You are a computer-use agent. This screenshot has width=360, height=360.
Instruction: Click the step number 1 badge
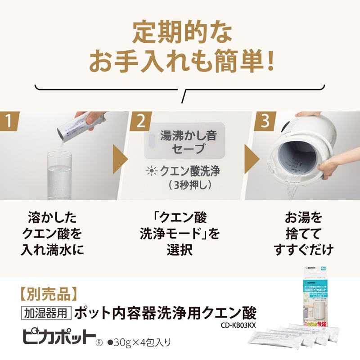coord(13,121)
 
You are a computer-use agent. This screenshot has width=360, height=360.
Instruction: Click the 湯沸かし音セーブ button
coord(182,142)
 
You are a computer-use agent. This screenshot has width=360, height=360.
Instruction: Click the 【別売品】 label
coord(49,293)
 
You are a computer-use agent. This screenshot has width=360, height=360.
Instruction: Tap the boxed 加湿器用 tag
coord(46,312)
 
